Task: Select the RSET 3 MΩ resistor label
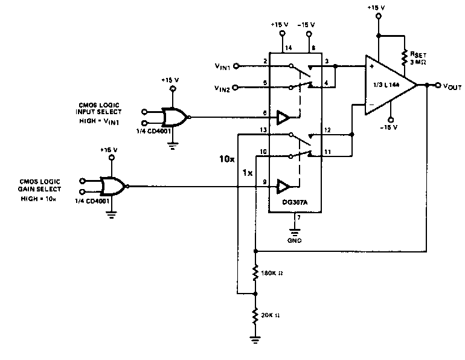(x=418, y=57)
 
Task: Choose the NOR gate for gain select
(x=113, y=185)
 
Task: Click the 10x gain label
(x=226, y=161)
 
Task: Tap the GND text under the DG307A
(x=294, y=240)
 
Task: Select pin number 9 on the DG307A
(x=265, y=181)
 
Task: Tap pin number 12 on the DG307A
(x=327, y=130)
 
